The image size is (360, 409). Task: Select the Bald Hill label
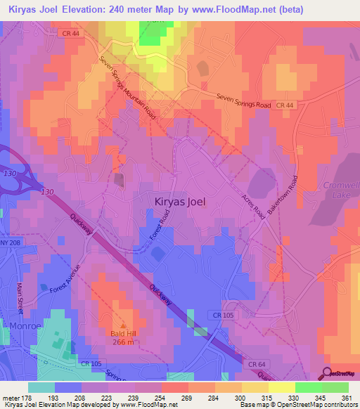(122, 333)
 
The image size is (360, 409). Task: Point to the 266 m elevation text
(122, 342)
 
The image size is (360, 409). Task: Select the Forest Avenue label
(65, 280)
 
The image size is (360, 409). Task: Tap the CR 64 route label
(257, 363)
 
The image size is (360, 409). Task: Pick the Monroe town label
(27, 326)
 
